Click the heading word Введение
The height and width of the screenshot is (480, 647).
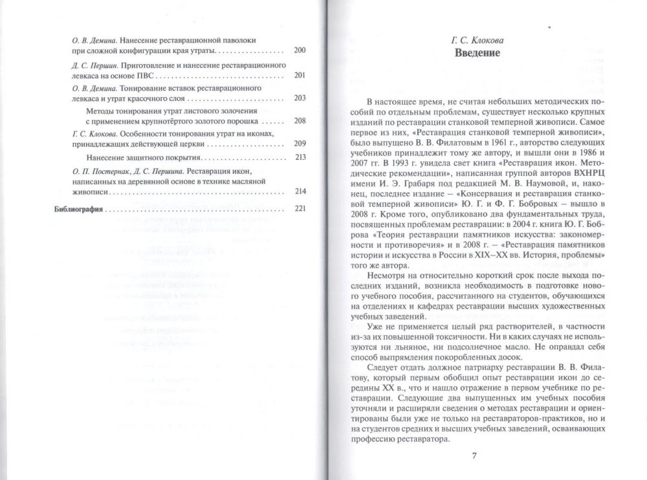point(477,52)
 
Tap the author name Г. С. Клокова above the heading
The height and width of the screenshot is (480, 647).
point(477,39)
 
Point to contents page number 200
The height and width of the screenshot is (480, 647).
point(299,50)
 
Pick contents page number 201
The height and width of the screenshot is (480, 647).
point(299,75)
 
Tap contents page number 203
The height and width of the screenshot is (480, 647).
point(299,98)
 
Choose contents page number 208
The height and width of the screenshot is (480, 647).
point(299,121)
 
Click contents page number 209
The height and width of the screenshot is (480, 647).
point(299,144)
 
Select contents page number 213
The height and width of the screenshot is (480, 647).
point(299,157)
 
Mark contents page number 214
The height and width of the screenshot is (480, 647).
point(299,191)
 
